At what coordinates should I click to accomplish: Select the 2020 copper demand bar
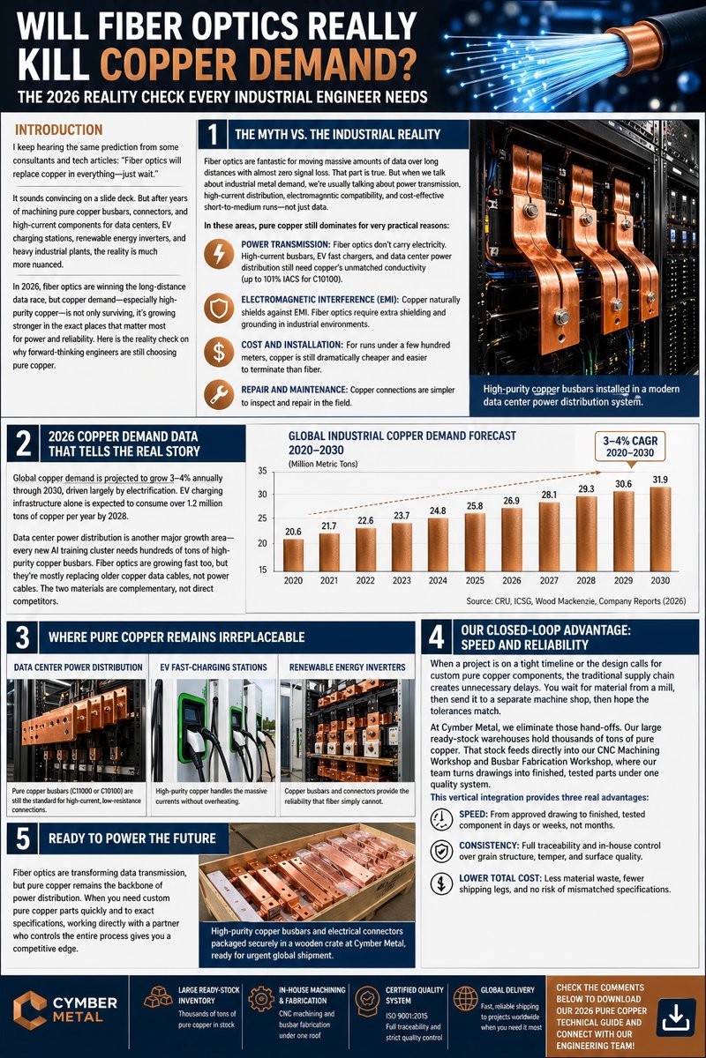(292, 555)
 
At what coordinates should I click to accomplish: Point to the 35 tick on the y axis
(263, 471)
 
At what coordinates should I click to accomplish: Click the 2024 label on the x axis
(437, 582)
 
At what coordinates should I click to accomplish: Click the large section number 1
(213, 135)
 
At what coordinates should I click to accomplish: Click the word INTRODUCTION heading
(59, 130)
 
